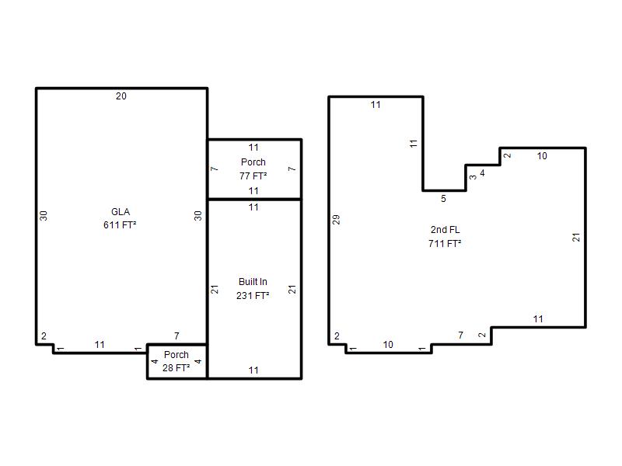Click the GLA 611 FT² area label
pos(120,218)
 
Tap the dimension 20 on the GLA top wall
pos(121,96)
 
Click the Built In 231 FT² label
pos(253,288)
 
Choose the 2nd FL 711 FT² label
pos(445,237)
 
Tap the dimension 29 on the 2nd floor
pos(336,220)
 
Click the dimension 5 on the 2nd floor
pos(443,199)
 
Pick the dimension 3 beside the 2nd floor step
pos(473,177)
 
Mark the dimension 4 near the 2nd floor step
pos(482,173)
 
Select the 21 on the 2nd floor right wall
pos(576,238)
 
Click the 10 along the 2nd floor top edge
pos(542,156)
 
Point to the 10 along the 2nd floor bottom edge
pos(388,345)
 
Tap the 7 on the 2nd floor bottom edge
pos(460,336)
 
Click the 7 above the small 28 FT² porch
pos(176,336)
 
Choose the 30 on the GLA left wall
pos(44,216)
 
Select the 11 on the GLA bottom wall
pos(100,345)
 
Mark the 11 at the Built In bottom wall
pos(253,370)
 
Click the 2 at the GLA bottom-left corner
pos(44,336)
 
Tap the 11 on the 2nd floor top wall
pos(376,105)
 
